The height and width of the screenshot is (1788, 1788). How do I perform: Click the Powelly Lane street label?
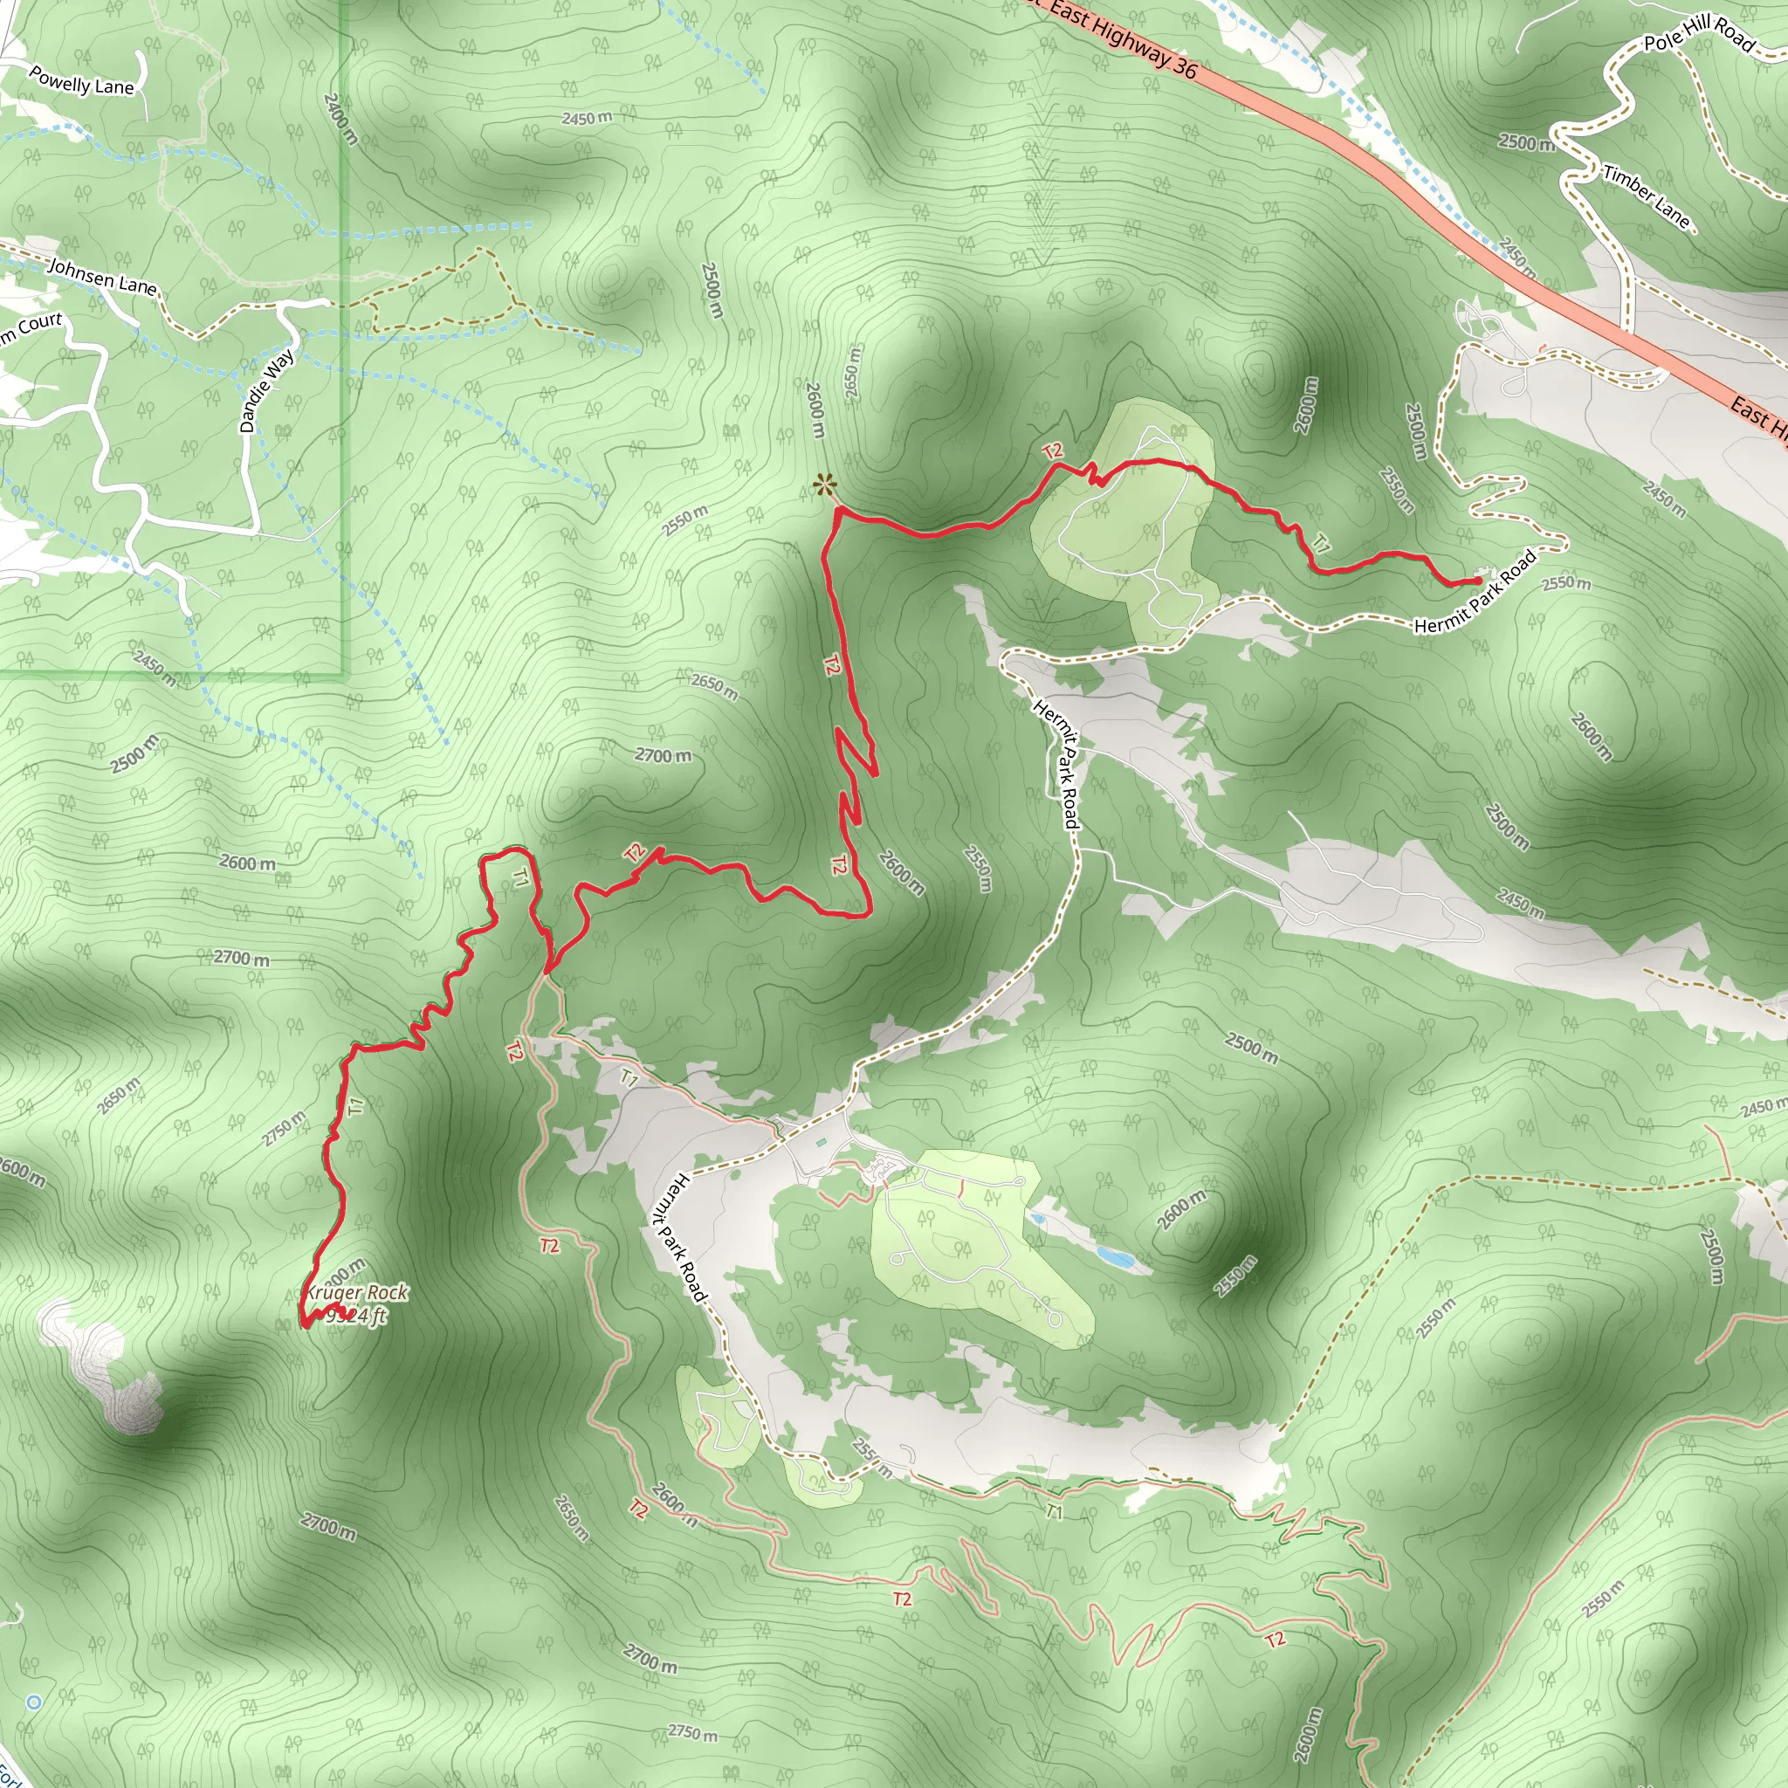tap(81, 80)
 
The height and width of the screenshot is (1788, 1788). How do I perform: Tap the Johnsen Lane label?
tap(102, 277)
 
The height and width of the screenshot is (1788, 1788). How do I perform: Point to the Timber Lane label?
tap(1646, 197)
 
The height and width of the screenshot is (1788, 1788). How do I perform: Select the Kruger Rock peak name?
tap(357, 1293)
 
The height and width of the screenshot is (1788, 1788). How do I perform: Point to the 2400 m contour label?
tap(340, 119)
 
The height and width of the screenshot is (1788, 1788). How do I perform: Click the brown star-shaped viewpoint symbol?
tap(823, 484)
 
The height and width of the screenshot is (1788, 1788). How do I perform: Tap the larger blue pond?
tap(1114, 1258)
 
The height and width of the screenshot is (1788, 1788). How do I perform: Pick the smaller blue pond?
tap(1037, 1220)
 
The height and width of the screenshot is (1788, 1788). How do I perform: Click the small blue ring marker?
tap(34, 1702)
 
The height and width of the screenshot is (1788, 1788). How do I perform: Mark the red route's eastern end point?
tap(1478, 581)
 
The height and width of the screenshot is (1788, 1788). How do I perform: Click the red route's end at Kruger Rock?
tap(306, 1325)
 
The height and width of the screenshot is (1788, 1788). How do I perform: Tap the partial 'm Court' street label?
tap(31, 326)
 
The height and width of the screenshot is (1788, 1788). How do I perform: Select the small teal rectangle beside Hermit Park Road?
tap(821, 1144)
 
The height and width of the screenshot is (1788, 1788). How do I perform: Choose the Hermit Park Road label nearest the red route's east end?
tap(1475, 592)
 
